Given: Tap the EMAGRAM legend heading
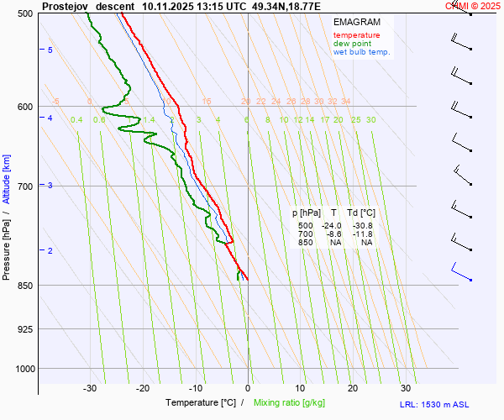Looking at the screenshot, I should (355, 21).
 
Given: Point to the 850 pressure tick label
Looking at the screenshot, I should (24, 286).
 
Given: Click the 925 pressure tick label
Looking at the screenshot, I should (24, 328).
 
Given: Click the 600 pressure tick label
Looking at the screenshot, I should (24, 107).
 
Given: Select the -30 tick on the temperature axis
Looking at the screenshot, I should (90, 388).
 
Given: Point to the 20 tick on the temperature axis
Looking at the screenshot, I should (353, 388).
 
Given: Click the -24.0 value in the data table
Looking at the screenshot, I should (333, 226).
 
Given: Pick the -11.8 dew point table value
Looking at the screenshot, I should (364, 234).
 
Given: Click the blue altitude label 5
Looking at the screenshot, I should (50, 50).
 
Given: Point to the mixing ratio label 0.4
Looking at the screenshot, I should (76, 120).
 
